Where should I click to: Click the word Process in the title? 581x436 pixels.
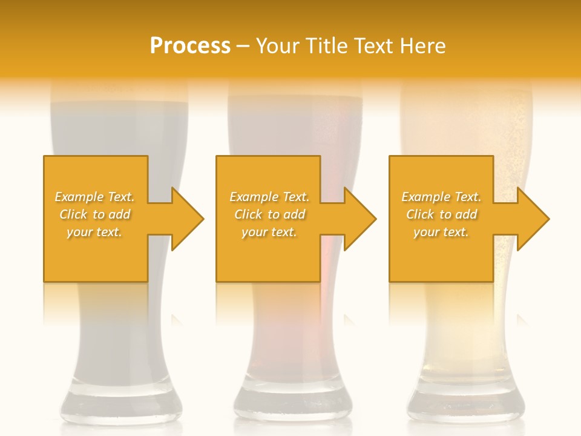190,46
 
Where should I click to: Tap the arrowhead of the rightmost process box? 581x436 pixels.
532,219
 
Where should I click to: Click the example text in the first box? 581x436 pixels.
94,214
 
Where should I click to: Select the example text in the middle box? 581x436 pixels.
269,214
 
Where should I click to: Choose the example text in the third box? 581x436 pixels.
441,214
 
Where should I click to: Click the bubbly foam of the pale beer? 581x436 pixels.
466,109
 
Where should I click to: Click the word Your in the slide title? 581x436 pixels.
277,46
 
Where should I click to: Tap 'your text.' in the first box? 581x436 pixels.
94,232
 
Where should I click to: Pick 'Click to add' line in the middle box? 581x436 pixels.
269,214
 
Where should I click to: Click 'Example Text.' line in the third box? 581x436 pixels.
441,197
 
